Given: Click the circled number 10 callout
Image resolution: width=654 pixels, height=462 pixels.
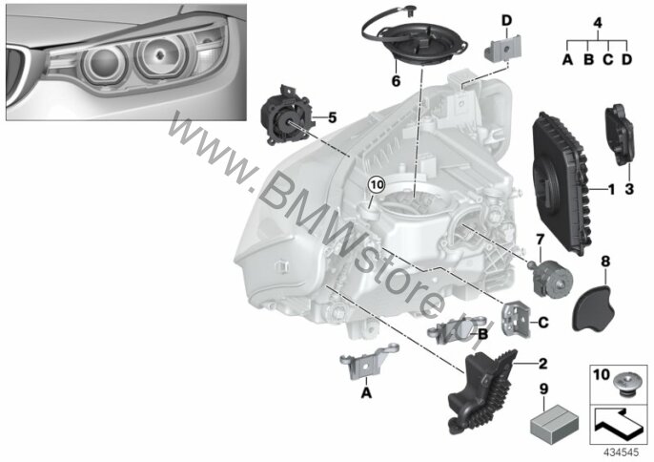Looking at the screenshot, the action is coord(377,185).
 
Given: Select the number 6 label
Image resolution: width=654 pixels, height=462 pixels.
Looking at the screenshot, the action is coord(396,80).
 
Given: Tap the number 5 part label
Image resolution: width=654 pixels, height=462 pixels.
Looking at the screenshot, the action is coord(332,117).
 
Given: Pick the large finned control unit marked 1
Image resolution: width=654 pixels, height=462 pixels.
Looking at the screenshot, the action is coord(561,183).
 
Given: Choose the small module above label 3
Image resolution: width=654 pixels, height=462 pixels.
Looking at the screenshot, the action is coord(619,134).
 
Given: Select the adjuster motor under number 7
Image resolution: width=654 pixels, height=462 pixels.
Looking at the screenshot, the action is coord(550,278).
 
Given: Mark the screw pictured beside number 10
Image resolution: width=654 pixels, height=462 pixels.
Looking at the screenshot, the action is coord(625,384).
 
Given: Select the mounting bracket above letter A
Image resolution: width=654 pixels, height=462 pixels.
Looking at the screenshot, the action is coord(368,360).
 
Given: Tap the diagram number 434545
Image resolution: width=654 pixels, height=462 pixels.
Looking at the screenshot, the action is coord(622,452).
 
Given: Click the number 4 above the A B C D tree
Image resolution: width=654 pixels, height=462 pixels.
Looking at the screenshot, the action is coord(598,22).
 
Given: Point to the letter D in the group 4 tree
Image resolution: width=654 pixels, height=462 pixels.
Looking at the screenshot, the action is coord(627,60).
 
